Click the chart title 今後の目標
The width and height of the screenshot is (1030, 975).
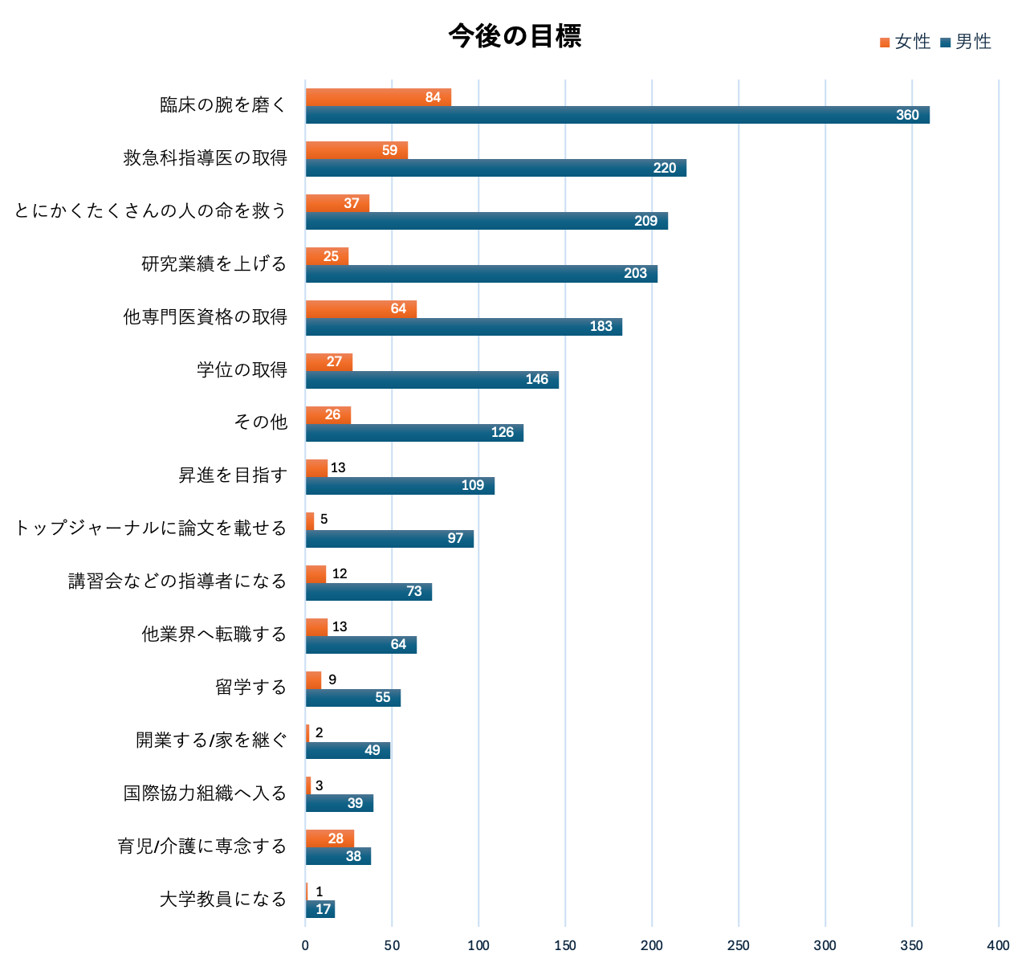pos(515,36)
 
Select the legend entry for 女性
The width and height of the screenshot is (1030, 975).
pos(905,42)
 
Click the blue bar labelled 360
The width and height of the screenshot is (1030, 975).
pos(617,115)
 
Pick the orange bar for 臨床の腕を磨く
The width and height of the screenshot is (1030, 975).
pos(377,97)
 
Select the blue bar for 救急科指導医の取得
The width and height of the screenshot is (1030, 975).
pos(495,168)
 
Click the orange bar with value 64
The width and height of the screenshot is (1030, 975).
pos(360,309)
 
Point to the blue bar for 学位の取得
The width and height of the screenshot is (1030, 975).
pos(432,380)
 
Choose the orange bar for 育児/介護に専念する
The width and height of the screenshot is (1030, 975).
pos(329,838)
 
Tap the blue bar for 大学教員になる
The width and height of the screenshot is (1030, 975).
pos(320,909)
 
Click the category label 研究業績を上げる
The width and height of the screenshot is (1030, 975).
pos(214,264)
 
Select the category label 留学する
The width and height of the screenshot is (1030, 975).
pos(250,687)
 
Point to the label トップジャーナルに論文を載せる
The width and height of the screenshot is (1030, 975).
pos(151,528)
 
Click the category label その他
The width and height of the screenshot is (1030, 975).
pos(260,422)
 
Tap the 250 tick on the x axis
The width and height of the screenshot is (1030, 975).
pos(738,946)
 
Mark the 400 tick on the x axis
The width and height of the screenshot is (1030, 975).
pos(998,946)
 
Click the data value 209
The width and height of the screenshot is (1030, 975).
pos(645,221)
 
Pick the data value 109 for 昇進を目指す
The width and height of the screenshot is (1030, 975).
pos(472,485)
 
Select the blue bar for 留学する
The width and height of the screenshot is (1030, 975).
pos(352,697)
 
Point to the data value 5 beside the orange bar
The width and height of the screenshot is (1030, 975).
pos(324,520)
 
